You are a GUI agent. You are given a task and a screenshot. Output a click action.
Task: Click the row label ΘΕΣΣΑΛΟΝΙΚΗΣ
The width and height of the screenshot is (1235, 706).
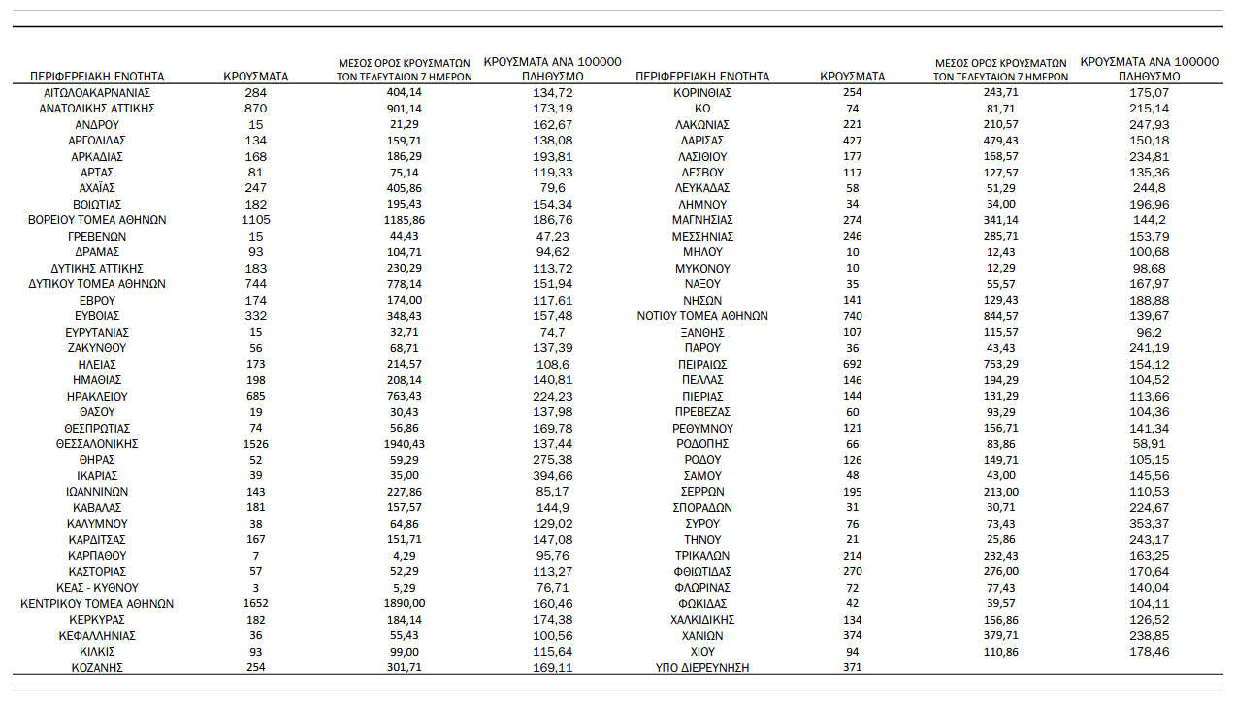(97, 443)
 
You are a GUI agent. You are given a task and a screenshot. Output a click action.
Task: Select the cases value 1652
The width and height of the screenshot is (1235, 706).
(256, 603)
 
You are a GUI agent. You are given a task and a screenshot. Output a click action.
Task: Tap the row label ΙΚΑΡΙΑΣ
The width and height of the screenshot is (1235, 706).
(97, 475)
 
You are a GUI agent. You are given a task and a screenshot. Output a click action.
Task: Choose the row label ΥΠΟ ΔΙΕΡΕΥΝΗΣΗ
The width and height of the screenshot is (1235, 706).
(702, 667)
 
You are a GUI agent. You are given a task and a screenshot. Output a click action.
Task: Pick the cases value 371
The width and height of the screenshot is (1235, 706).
(853, 667)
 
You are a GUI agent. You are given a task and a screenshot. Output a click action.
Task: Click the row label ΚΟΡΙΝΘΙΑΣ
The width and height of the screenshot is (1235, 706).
(702, 92)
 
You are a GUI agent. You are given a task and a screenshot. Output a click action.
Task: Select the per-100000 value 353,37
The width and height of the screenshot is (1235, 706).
(1150, 523)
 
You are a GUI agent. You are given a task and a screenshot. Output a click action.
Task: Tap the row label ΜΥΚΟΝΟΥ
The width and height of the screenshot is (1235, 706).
(702, 268)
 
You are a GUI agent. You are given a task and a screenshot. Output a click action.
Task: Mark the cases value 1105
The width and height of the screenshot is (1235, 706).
(256, 220)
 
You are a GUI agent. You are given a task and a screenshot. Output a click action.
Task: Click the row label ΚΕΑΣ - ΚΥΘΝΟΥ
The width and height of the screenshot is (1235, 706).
(97, 587)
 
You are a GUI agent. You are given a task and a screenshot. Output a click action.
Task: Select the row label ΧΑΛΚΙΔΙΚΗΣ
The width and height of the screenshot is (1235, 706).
(702, 619)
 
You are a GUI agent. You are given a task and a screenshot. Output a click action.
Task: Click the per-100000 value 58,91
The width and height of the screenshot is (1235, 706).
(1150, 443)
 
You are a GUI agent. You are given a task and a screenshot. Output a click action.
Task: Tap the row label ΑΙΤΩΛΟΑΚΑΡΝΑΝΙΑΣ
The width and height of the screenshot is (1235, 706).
(97, 92)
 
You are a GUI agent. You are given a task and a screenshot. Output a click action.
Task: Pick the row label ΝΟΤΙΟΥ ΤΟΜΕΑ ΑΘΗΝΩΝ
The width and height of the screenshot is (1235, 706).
(702, 315)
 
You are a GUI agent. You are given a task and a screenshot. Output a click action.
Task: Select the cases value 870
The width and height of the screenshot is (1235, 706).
(256, 108)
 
